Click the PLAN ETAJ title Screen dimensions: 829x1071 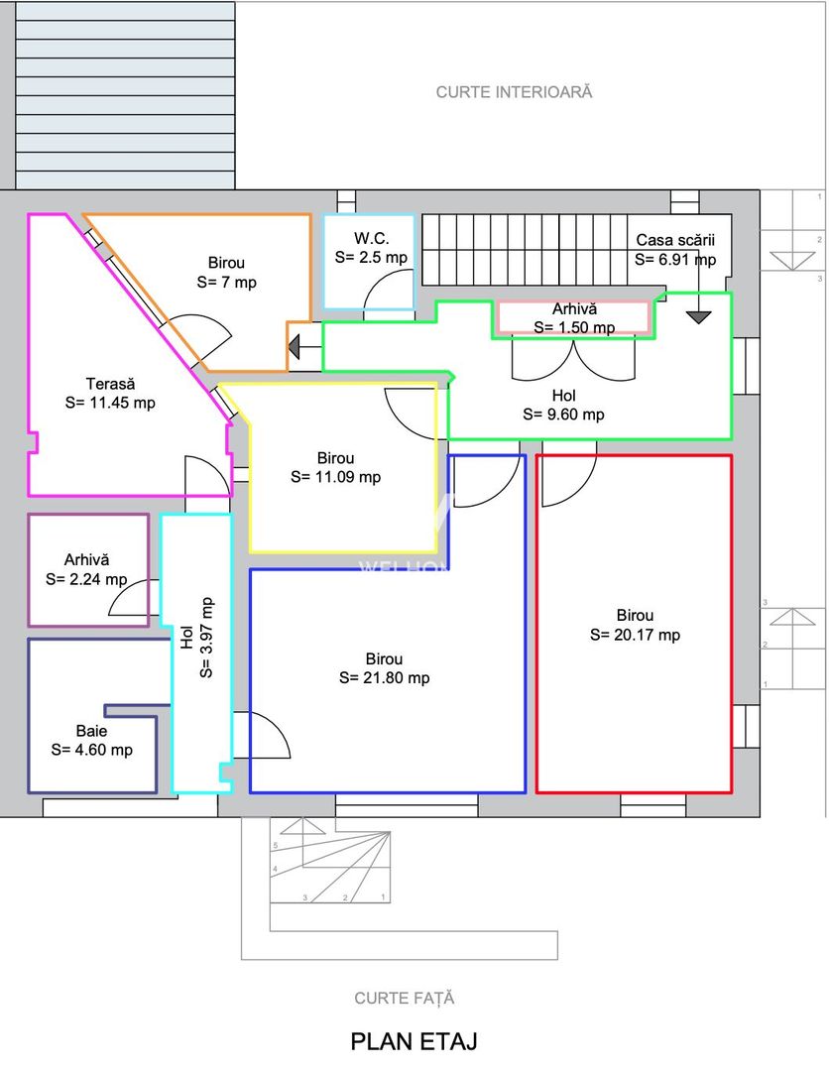click(414, 1041)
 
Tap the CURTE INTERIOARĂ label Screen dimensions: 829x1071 click(515, 92)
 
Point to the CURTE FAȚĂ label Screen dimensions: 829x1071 click(405, 998)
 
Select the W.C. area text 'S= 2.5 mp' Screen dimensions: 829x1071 click(371, 258)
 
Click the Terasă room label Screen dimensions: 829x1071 click(111, 383)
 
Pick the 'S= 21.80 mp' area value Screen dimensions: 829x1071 click(385, 677)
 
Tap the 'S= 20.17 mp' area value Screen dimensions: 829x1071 click(635, 635)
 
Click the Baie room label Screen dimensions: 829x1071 click(91, 730)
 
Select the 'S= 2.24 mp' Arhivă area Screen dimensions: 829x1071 click(86, 579)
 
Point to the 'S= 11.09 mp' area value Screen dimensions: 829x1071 click(336, 477)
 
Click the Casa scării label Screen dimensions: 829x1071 click(675, 240)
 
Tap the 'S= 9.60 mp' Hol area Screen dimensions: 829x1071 click(564, 414)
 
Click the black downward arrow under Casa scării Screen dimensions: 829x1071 click(698, 317)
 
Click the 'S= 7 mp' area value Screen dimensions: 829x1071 click(227, 282)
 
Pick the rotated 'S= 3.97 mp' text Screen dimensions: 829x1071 click(206, 638)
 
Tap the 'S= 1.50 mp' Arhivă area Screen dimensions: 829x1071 click(574, 328)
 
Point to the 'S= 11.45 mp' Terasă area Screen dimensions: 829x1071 click(111, 403)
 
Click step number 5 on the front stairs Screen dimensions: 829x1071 click(276, 846)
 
